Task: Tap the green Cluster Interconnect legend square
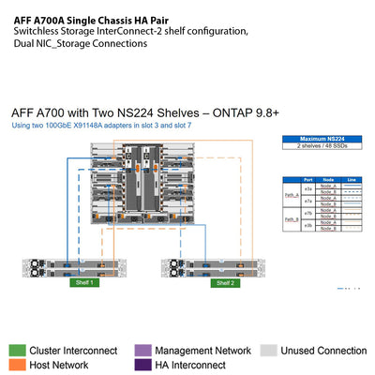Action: [16, 351]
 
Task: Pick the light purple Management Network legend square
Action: [142, 351]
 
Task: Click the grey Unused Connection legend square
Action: [267, 351]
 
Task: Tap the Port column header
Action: [309, 180]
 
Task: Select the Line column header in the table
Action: [352, 180]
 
